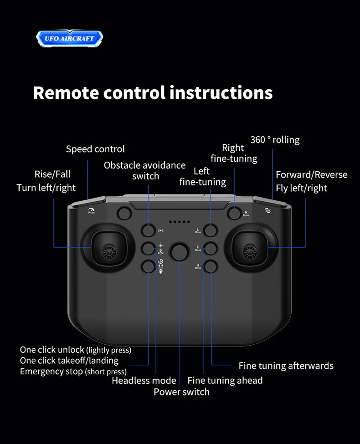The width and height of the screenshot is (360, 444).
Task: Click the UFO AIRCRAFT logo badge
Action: [69, 38]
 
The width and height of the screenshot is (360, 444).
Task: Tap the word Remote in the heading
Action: [66, 92]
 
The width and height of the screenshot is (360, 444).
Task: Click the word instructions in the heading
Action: [221, 92]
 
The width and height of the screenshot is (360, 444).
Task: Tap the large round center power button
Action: [180, 252]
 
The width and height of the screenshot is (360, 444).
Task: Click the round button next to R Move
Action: [235, 213]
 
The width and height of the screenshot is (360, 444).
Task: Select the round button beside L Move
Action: [210, 230]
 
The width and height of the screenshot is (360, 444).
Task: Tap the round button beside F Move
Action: [211, 249]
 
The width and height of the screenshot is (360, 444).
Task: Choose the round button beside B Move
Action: [211, 266]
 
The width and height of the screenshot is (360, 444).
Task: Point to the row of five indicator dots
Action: [179, 222]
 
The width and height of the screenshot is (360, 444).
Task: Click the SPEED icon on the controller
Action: [91, 211]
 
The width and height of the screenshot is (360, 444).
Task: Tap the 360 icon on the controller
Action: [267, 210]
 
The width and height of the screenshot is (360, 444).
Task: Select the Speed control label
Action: [95, 149]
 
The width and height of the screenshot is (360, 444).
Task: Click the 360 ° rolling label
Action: [275, 140]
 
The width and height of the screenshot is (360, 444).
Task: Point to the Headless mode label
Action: [144, 380]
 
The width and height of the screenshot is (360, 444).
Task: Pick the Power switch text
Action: [181, 392]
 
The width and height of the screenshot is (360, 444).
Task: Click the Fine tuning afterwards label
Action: [286, 366]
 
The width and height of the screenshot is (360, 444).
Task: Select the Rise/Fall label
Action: [52, 174]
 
